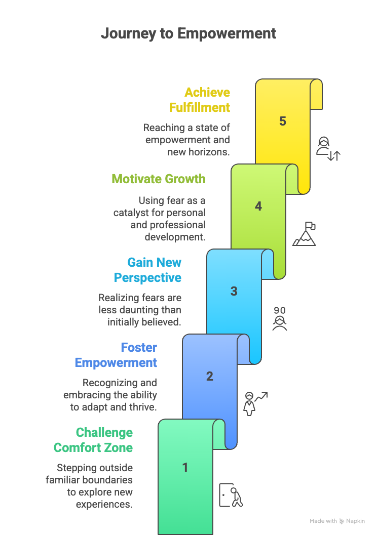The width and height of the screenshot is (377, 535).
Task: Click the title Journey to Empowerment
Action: (x=188, y=34)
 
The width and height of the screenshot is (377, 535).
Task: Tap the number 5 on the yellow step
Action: (x=283, y=121)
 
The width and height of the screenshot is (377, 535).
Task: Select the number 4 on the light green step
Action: (x=258, y=206)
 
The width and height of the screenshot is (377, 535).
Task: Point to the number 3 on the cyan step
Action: (x=234, y=291)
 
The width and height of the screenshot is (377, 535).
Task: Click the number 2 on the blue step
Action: (x=210, y=376)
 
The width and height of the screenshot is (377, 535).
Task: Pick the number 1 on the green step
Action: (x=185, y=467)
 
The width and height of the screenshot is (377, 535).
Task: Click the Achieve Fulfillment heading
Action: (x=200, y=100)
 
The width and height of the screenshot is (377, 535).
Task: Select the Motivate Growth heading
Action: (x=159, y=179)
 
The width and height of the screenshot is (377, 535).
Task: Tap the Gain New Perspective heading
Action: (x=147, y=270)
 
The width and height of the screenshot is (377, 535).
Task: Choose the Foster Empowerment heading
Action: (x=116, y=355)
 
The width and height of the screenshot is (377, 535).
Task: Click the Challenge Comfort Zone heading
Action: (x=93, y=440)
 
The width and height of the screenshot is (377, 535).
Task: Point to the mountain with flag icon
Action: (x=304, y=234)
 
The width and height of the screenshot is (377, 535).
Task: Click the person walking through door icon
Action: (x=231, y=495)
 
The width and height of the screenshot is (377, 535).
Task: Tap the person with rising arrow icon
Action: (x=255, y=403)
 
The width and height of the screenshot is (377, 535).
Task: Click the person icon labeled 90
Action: (x=280, y=319)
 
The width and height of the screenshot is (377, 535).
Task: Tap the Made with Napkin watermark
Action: (x=337, y=521)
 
